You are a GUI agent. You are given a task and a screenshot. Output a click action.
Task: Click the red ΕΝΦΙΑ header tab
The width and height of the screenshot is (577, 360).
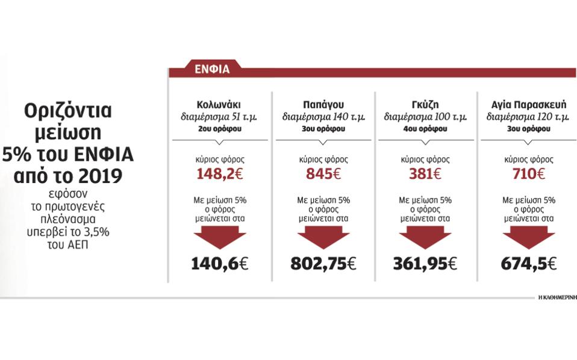(x=212, y=69)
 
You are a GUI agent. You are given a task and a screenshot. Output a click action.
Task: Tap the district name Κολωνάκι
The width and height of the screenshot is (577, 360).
(x=220, y=104)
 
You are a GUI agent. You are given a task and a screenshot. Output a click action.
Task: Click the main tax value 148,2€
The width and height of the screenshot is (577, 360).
(x=220, y=175)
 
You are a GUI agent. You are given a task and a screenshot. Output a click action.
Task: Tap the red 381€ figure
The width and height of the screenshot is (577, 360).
(x=425, y=175)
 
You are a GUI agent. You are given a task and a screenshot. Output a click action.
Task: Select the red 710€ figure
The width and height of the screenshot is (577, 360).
(x=528, y=175)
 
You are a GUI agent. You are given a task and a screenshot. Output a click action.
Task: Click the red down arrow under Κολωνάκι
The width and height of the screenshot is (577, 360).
(x=220, y=237)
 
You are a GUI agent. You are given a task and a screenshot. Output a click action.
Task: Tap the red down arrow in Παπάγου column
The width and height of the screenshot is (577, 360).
(x=323, y=237)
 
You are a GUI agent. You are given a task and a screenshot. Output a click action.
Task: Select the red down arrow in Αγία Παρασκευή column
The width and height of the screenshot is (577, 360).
(x=528, y=237)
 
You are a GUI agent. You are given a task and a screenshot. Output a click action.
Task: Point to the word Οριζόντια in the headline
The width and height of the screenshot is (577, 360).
(x=69, y=112)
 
